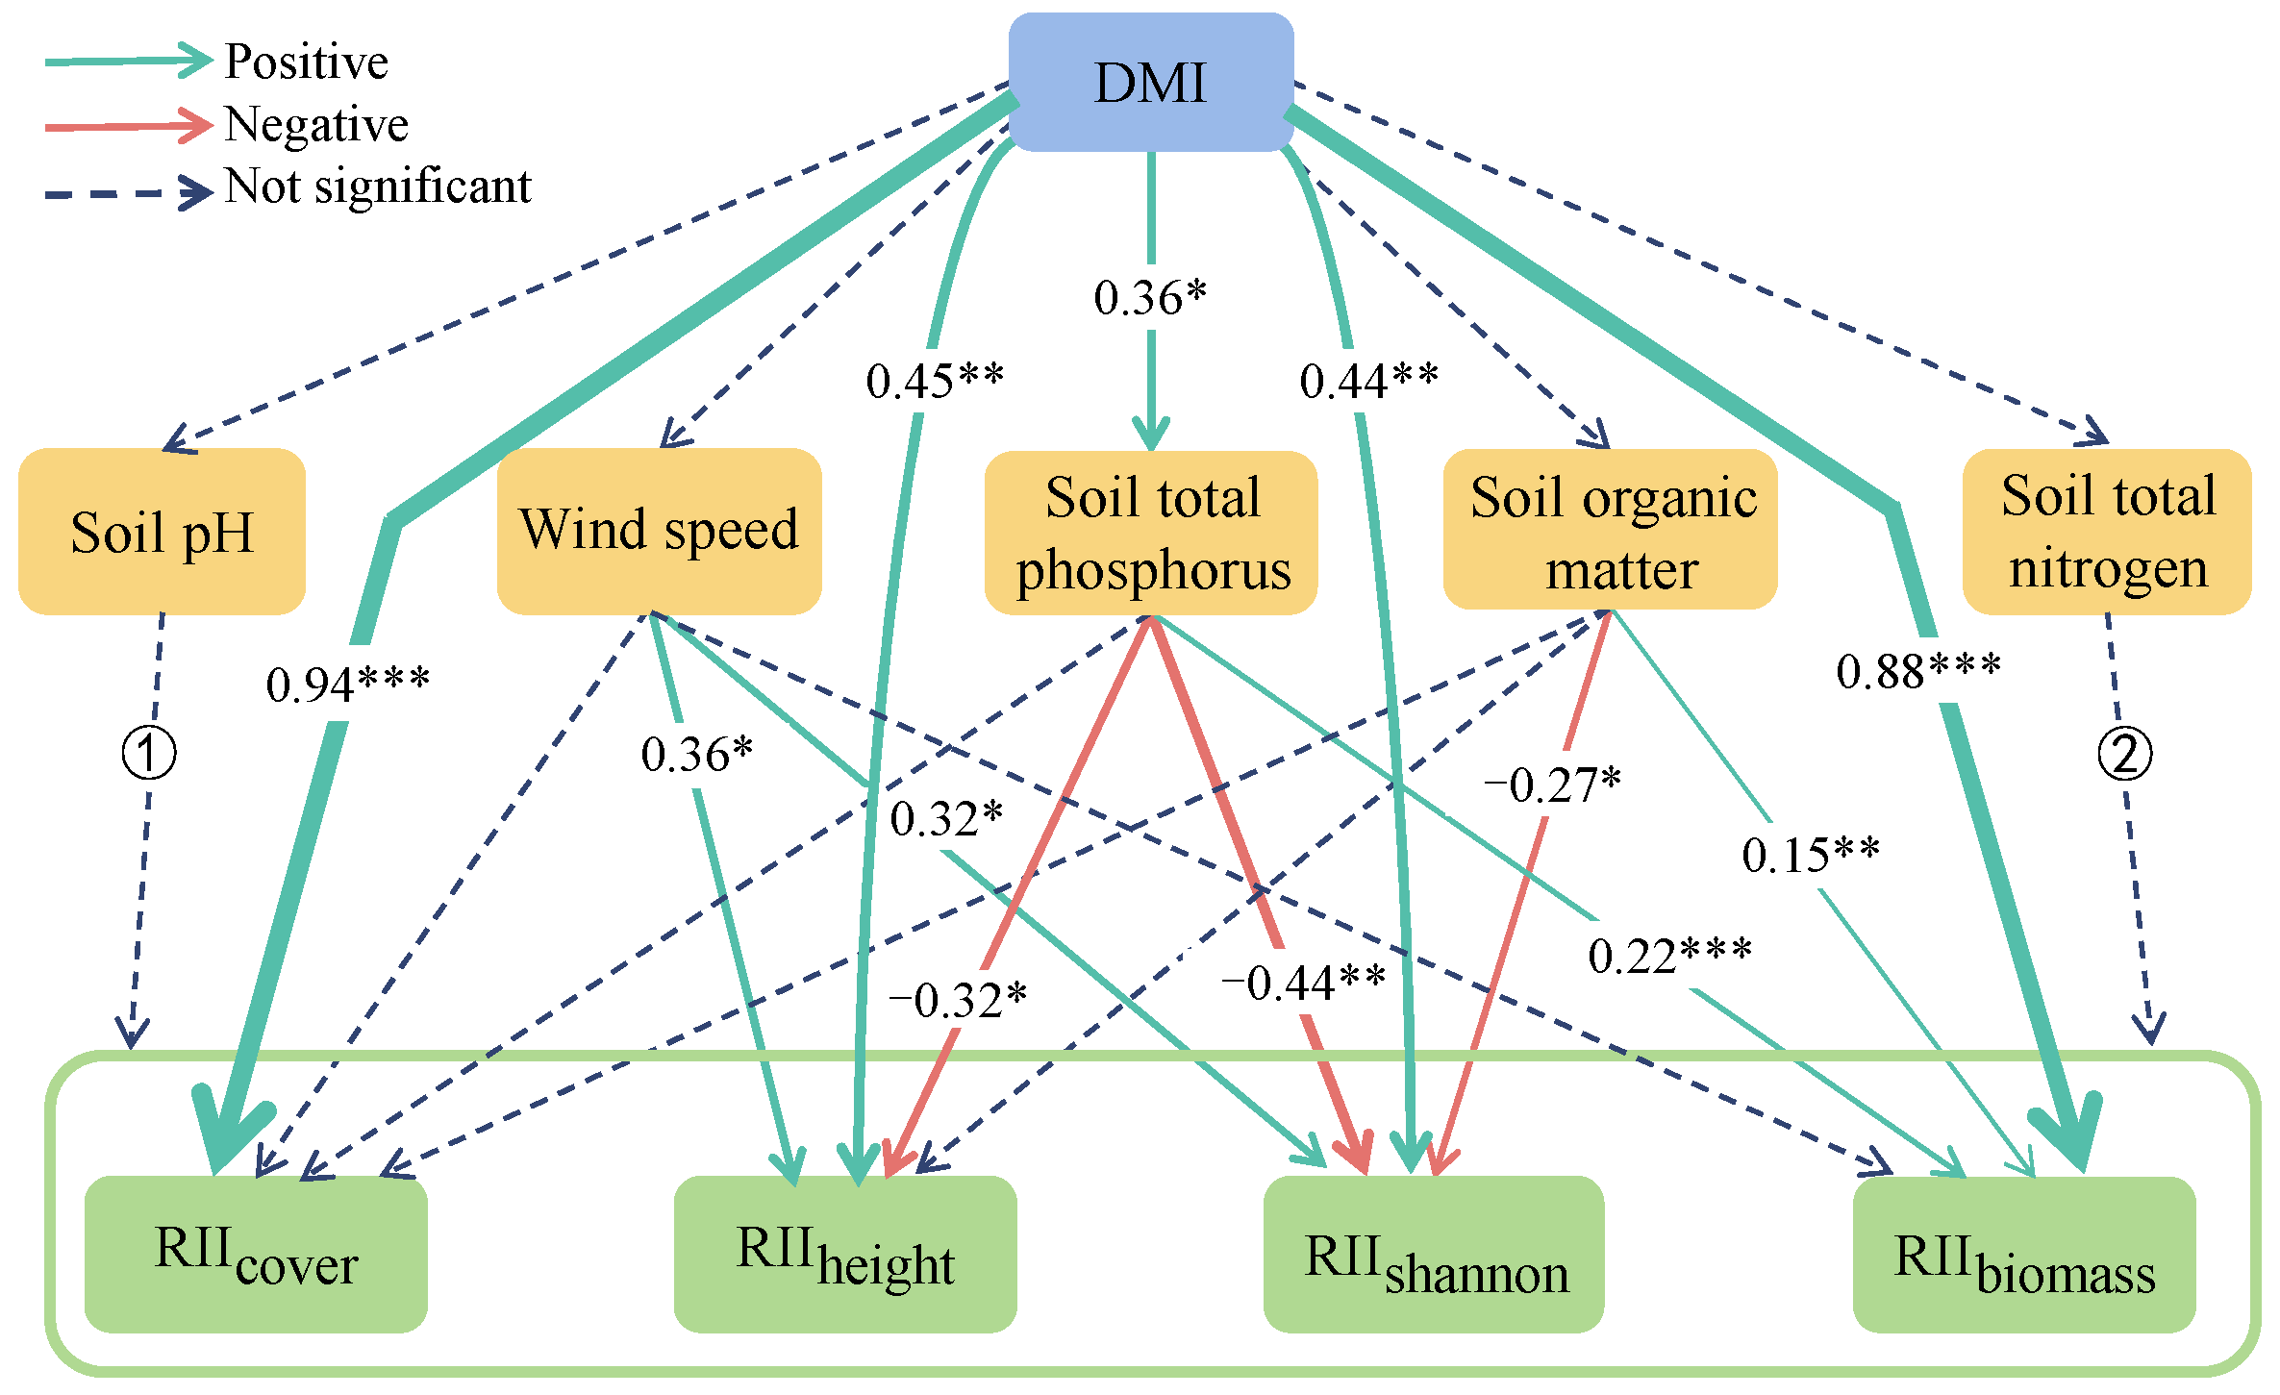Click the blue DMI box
click(1150, 83)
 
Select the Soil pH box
click(162, 532)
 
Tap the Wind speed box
click(659, 531)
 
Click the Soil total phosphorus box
click(1151, 533)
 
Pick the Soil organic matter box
click(1611, 530)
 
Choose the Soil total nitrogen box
click(2107, 531)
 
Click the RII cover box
click(256, 1254)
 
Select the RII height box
click(845, 1254)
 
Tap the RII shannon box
click(1434, 1254)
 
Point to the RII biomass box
click(2024, 1254)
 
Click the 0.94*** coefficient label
click(347, 685)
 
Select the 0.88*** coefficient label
click(1918, 670)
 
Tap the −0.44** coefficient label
click(1303, 983)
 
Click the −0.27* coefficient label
click(1552, 785)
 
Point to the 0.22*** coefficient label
click(1669, 956)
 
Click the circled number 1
click(149, 753)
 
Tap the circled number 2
click(2125, 754)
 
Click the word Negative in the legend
click(316, 124)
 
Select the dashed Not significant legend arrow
click(128, 192)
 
